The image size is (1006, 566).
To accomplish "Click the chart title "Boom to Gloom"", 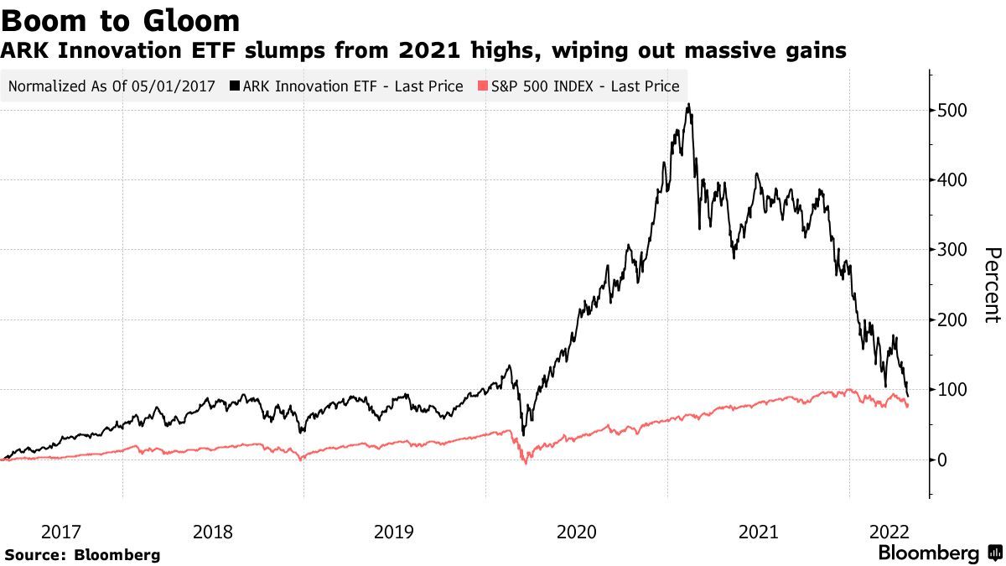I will [x=122, y=20].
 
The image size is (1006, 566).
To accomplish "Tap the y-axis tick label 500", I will [x=954, y=111].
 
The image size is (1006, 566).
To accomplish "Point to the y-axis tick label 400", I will [x=954, y=180].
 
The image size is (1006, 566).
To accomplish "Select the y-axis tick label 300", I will [x=954, y=250].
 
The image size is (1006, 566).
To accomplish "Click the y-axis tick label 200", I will [x=954, y=319].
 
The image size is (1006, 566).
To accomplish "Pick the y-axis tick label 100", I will [x=954, y=390].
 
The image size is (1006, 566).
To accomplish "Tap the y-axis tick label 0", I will [x=944, y=460].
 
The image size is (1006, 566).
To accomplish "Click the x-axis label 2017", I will [x=61, y=532].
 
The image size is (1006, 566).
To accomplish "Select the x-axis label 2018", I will [x=213, y=532].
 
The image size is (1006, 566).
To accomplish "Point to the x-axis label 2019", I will [x=394, y=532].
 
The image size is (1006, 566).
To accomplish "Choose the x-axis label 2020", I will [x=576, y=532].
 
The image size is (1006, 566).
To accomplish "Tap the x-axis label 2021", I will [x=758, y=532].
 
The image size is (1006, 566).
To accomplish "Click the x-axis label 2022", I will [x=889, y=532].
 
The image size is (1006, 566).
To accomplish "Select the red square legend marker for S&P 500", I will [x=482, y=86].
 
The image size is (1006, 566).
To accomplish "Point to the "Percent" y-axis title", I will [x=992, y=285].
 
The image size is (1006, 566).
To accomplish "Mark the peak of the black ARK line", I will [x=688, y=105].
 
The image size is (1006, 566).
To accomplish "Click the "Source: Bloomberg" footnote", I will [x=82, y=554].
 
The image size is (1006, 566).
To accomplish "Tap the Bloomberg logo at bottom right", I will [x=940, y=553].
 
